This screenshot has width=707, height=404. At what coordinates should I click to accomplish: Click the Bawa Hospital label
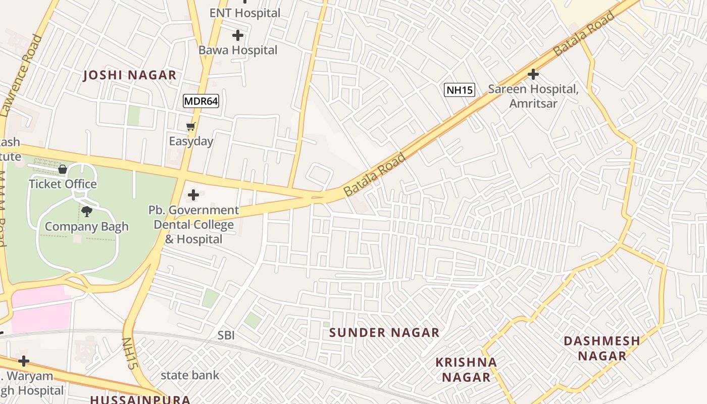tap(238, 50)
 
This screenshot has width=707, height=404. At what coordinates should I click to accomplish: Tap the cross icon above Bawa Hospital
tap(238, 35)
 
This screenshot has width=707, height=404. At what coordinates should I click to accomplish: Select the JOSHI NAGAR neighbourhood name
tap(130, 76)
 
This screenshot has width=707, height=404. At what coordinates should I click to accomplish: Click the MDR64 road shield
tap(200, 101)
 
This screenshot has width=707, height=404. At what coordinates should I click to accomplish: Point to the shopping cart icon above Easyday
tap(190, 127)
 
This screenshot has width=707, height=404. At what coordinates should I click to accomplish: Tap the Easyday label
tap(191, 141)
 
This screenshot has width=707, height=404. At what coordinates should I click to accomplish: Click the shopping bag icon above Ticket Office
tap(63, 169)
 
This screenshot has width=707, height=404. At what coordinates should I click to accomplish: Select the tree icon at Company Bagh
tap(87, 212)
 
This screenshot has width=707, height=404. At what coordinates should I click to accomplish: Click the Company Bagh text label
tap(87, 227)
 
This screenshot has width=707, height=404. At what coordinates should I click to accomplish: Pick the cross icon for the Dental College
tap(193, 195)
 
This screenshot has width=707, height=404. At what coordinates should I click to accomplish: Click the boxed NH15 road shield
tap(460, 90)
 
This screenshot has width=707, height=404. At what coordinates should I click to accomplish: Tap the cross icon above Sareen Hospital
tap(533, 75)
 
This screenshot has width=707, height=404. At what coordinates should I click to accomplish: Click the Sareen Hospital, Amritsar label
tap(533, 96)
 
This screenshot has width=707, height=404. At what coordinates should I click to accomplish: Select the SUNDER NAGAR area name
tap(384, 333)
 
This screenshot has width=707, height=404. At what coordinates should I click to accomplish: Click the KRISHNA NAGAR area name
tap(466, 370)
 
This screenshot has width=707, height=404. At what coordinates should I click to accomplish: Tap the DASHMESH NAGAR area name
tap(602, 348)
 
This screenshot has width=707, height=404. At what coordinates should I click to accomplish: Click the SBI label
tap(226, 335)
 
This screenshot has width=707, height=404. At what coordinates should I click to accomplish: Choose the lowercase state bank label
tap(190, 375)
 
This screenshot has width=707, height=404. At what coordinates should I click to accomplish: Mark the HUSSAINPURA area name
tap(140, 399)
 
